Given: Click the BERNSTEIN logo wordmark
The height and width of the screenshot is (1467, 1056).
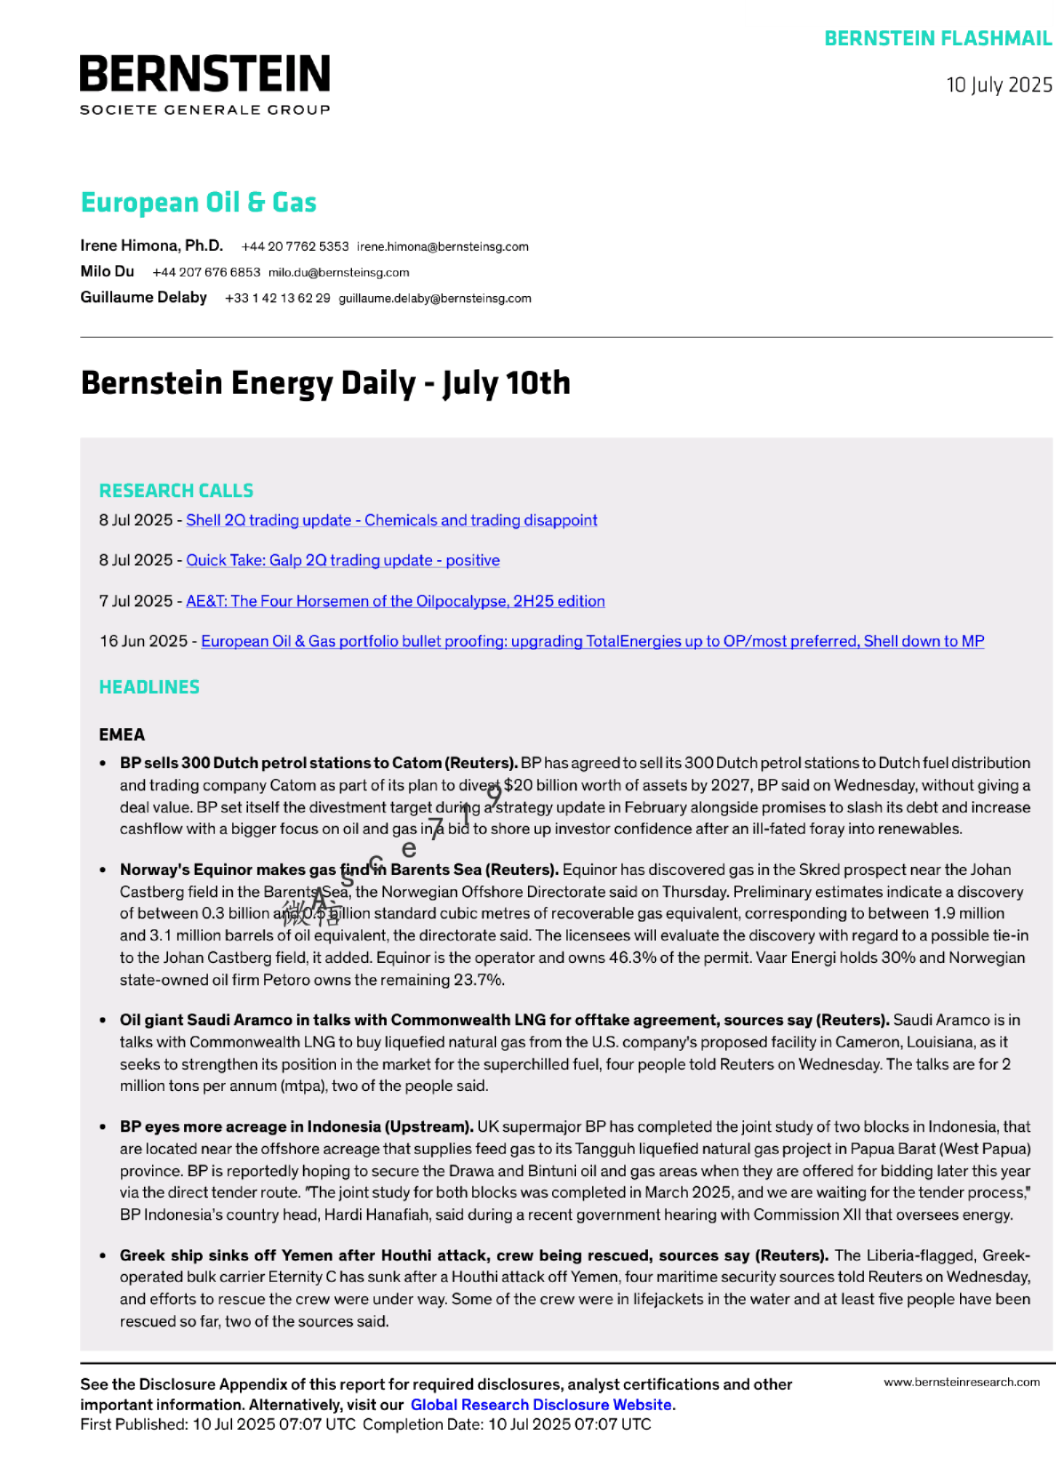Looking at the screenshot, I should point(204,75).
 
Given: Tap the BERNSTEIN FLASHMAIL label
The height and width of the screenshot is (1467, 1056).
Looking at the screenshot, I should point(938,39).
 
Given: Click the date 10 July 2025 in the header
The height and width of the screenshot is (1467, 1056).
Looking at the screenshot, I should point(999,85).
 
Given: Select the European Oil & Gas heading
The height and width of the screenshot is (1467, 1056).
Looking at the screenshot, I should point(198,203).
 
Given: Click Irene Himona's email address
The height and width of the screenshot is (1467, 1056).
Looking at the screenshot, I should point(443,247).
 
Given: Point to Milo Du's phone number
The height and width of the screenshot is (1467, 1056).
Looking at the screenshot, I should point(206,273).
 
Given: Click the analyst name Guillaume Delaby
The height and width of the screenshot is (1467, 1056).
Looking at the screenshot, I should point(143,298).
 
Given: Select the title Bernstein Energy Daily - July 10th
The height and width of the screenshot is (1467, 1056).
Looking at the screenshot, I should point(325,383).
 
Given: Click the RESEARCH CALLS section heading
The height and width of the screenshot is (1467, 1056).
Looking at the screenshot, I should point(176,491).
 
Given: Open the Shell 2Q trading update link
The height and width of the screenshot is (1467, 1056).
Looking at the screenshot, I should point(391,521).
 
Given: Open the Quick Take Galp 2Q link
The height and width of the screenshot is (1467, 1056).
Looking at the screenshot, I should point(342,561).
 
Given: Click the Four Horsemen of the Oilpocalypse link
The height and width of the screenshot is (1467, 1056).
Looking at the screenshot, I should point(395,602).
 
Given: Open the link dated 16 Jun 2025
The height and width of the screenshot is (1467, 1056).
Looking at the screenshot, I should point(592,642).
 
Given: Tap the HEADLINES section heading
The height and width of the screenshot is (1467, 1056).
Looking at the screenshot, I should point(149,687).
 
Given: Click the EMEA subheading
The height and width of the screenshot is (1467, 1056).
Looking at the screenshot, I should point(122,735).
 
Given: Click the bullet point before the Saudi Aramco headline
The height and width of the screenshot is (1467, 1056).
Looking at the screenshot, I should point(103,1021).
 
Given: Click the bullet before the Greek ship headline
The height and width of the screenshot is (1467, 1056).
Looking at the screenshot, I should point(103,1256).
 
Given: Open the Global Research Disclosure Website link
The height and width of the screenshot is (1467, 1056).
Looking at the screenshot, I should point(540,1406).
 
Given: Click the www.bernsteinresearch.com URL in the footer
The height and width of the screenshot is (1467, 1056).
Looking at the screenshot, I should point(961,1383).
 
